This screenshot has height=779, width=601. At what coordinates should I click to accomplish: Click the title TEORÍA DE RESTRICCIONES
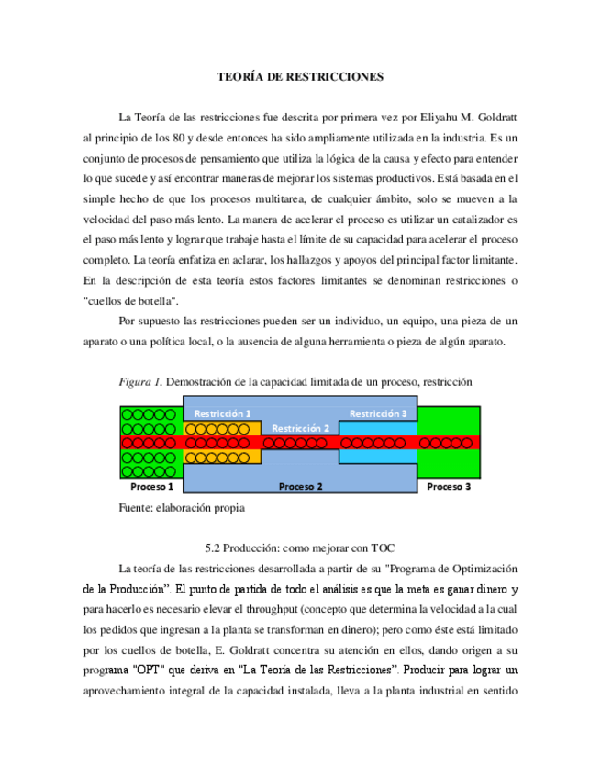click(x=300, y=78)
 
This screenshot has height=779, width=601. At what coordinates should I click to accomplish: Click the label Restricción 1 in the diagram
click(x=223, y=413)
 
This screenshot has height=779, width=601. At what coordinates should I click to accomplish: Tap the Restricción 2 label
click(x=300, y=428)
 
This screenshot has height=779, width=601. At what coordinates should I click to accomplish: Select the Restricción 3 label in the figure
click(x=378, y=413)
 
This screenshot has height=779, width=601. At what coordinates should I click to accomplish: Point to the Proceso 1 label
click(x=151, y=486)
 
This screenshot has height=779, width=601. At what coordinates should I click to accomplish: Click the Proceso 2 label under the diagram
click(x=300, y=486)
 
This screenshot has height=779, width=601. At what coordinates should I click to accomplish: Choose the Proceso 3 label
click(x=449, y=486)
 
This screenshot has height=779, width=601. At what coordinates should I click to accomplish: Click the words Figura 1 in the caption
click(x=137, y=381)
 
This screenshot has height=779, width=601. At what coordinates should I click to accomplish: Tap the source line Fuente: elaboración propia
click(x=183, y=506)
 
